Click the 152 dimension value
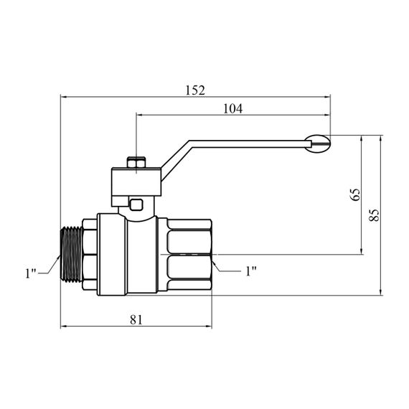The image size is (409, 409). click(195, 90)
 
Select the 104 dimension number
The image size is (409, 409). click(233, 108)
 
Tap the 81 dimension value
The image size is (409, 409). click(136, 319)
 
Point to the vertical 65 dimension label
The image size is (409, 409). click(354, 194)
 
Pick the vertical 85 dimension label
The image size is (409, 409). click(375, 215)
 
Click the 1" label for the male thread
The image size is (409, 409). click(31, 273)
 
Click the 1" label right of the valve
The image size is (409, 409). click(251, 271)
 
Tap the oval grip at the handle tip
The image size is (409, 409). click(318, 144)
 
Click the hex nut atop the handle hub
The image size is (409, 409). click(136, 162)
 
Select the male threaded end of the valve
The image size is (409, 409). click(72, 254)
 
